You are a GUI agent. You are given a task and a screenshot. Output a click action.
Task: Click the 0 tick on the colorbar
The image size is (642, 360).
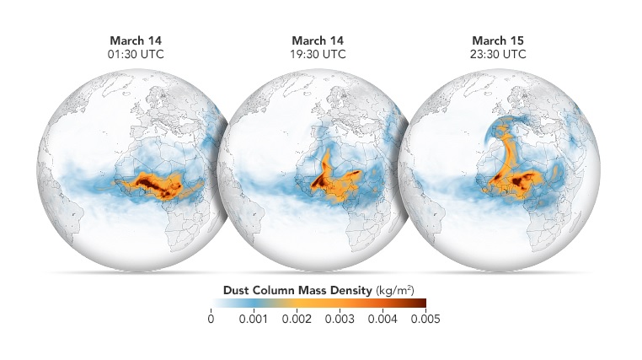point(210,320)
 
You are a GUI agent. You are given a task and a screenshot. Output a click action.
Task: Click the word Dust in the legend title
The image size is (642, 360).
point(238,290)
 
